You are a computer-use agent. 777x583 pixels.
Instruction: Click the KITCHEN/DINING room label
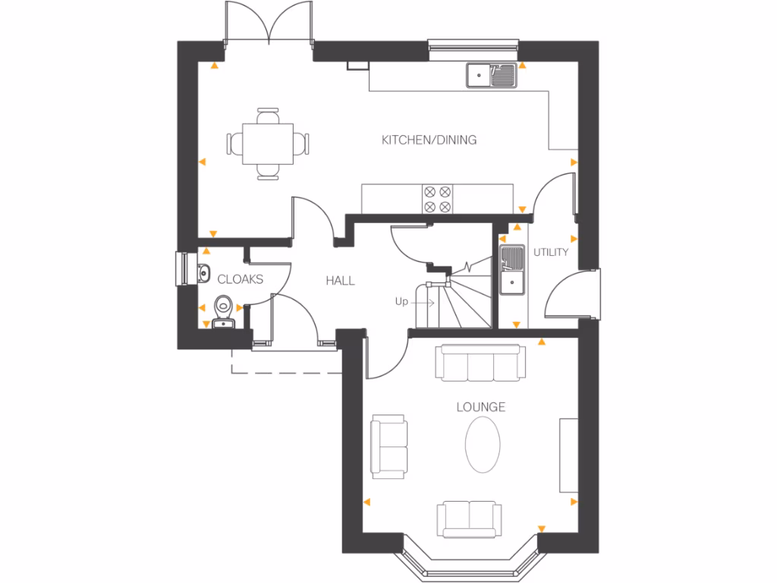click(429, 140)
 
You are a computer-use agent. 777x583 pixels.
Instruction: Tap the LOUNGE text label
click(480, 407)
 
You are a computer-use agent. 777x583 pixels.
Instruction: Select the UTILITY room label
click(550, 252)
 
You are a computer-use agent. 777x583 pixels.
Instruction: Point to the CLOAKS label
click(240, 279)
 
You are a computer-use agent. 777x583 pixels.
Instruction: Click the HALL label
click(340, 280)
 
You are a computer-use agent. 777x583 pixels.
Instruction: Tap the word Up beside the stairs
click(401, 301)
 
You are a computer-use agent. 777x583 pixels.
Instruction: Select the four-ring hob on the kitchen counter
click(436, 199)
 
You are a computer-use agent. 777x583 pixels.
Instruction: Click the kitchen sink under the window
click(492, 74)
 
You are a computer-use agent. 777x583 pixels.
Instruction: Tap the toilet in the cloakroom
click(223, 307)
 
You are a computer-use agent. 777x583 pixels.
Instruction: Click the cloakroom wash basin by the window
click(203, 272)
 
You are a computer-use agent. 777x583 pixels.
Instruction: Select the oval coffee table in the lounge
click(483, 445)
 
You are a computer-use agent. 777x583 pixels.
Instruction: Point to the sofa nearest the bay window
click(468, 518)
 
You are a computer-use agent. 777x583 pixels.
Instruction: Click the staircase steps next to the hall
click(463, 304)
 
